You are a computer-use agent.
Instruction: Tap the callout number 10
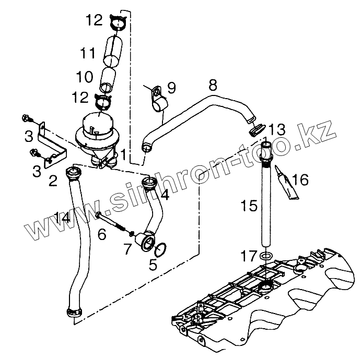(x=84, y=77)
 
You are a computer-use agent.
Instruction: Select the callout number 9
(x=171, y=86)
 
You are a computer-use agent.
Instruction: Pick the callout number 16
(x=300, y=180)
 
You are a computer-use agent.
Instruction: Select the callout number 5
(x=153, y=265)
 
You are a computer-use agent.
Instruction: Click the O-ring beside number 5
(x=162, y=249)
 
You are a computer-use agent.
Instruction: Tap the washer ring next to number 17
(x=265, y=256)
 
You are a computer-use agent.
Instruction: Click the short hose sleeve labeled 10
(x=108, y=78)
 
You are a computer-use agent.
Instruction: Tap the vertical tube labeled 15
(x=266, y=198)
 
